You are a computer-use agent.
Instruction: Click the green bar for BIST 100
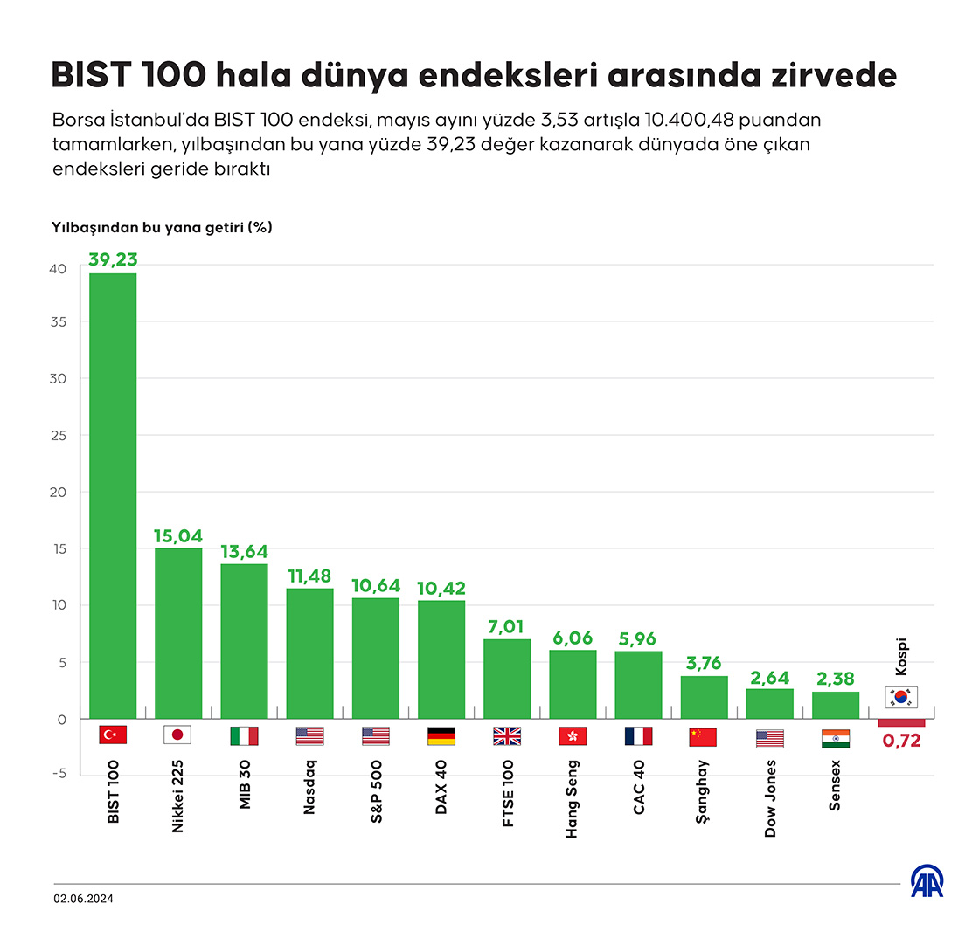(113, 495)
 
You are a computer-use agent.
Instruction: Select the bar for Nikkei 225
(178, 632)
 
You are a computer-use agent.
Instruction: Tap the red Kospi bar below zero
(901, 722)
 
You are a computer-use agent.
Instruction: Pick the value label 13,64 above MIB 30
(244, 552)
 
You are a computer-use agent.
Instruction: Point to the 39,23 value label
(113, 259)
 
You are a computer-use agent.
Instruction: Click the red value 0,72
(901, 742)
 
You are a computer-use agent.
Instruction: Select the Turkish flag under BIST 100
(113, 735)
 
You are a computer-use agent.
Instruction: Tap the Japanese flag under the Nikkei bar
(178, 735)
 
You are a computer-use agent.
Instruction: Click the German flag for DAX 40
(441, 736)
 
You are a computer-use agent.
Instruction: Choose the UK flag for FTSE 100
(507, 736)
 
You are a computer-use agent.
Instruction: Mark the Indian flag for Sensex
(836, 739)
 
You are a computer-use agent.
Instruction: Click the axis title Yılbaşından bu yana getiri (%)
(162, 227)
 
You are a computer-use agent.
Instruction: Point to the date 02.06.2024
(83, 899)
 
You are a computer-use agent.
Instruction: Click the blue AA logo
(928, 883)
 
